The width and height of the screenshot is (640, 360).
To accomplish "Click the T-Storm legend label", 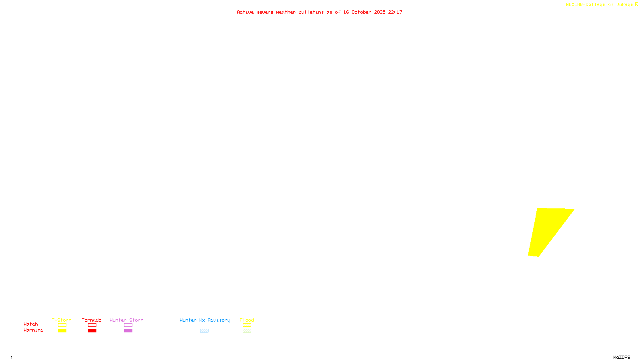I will click(x=62, y=320).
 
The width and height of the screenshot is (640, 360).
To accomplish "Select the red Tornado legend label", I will click(x=92, y=320).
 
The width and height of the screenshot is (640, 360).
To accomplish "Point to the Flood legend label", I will click(x=247, y=320).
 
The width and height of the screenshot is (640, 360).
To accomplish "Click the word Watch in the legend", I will click(x=31, y=324).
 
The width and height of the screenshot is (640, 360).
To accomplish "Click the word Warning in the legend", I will click(x=34, y=330).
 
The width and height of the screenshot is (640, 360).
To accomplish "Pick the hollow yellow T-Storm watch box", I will click(x=62, y=325).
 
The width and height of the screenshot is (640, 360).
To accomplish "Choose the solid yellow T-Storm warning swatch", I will click(x=62, y=331).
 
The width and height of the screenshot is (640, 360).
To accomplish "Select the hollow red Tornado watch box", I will click(x=92, y=325).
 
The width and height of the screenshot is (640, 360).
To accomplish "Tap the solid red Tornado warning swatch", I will click(x=92, y=331).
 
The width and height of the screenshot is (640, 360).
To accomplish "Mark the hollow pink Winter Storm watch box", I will click(x=128, y=325).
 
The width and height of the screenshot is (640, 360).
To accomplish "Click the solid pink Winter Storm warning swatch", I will click(x=128, y=331).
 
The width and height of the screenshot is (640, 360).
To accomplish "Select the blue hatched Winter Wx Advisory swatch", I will click(x=204, y=331).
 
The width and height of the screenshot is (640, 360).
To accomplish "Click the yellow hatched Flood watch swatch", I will click(x=247, y=325).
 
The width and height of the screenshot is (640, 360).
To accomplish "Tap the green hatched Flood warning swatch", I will click(x=247, y=331).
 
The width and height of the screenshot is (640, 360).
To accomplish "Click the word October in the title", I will click(x=361, y=12).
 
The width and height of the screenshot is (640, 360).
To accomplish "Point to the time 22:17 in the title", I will click(x=395, y=12).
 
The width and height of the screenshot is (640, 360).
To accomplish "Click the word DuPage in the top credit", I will click(x=624, y=4).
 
